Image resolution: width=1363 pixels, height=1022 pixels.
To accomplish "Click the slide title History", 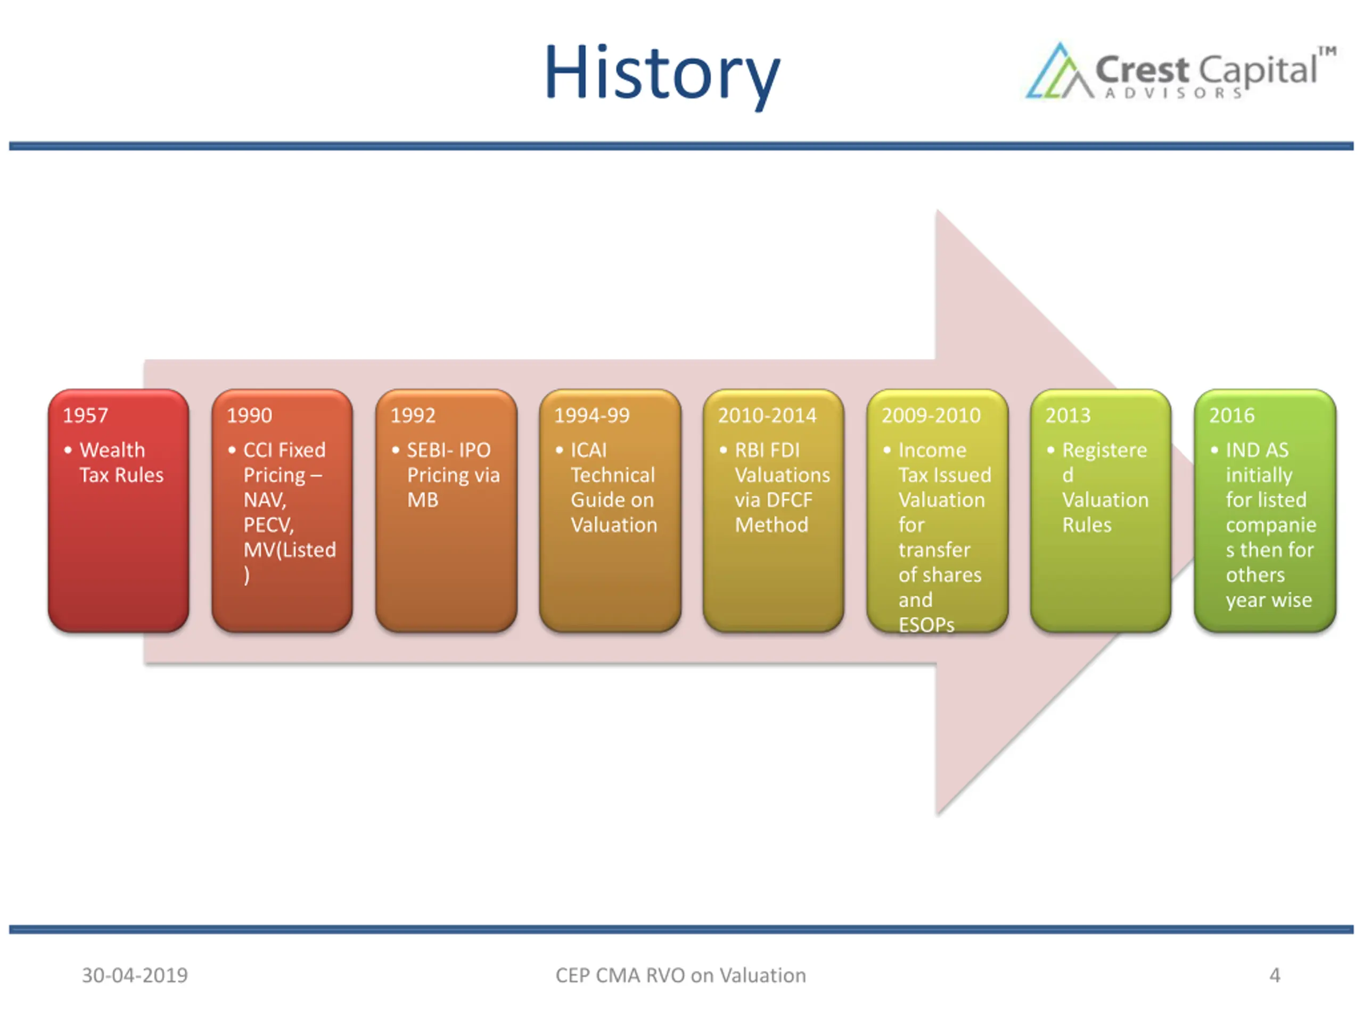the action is pos(662,74).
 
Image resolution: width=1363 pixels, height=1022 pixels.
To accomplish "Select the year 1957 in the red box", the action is pos(86,416).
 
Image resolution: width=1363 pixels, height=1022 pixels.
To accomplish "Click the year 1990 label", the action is pos(249,416).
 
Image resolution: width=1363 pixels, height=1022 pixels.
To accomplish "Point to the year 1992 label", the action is pos(413,416).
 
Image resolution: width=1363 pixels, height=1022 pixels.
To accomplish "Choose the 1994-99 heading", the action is pos(592,416).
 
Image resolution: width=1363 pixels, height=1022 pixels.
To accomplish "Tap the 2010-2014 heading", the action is pos(767,416).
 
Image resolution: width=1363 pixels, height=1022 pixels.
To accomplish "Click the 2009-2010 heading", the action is pos(931,416).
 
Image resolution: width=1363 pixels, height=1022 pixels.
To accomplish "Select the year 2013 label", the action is pos(1068,416).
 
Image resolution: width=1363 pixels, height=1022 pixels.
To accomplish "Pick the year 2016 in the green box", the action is pos(1231,416).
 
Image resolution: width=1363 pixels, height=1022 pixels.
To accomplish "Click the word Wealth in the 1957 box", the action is pos(112,450).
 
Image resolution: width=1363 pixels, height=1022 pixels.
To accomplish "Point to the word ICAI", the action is pos(588,450).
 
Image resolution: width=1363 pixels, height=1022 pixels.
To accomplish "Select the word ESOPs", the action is pos(926,625).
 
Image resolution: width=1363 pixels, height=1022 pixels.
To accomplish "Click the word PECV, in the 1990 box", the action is pos(269,525).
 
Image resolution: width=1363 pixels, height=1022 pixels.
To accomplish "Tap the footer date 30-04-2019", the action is pos(135,975).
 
